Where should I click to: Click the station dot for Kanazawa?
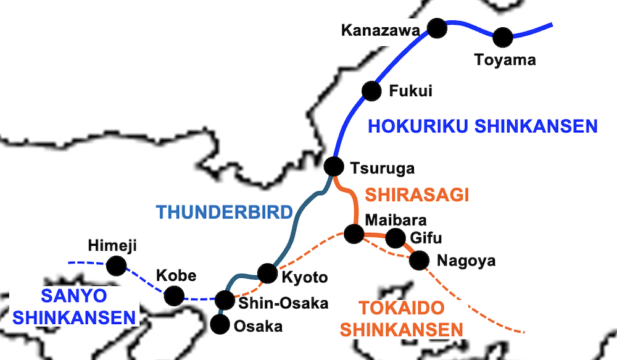click(x=437, y=28)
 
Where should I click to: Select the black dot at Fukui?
click(x=371, y=91)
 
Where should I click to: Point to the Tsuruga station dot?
click(x=333, y=166)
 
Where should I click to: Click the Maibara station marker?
click(x=354, y=233)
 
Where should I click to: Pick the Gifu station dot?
click(x=395, y=237)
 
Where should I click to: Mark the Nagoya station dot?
click(x=419, y=260)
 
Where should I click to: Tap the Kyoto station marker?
click(x=267, y=272)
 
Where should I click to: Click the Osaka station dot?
click(x=219, y=324)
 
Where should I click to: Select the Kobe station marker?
click(x=174, y=296)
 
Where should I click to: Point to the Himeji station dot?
click(x=115, y=266)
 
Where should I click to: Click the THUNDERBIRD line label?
click(x=224, y=212)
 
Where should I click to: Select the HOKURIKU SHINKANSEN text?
click(x=482, y=127)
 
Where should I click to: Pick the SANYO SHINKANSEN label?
click(x=75, y=306)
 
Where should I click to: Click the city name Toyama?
click(x=505, y=61)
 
